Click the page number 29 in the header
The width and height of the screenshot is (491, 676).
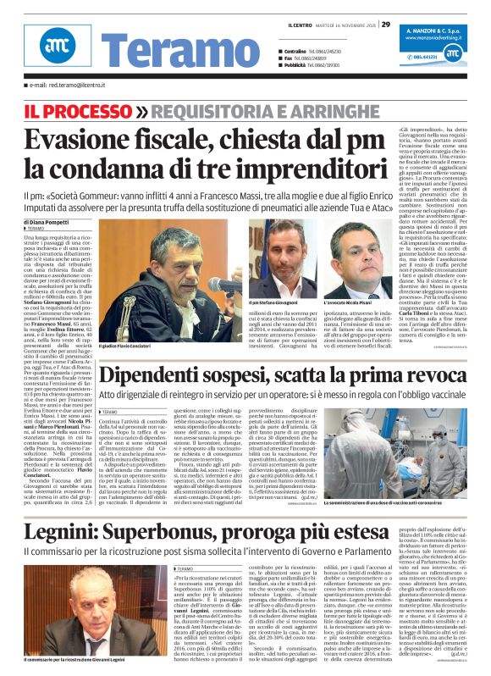pos(385,24)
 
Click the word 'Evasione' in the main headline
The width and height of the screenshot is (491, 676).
pos(86,140)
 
